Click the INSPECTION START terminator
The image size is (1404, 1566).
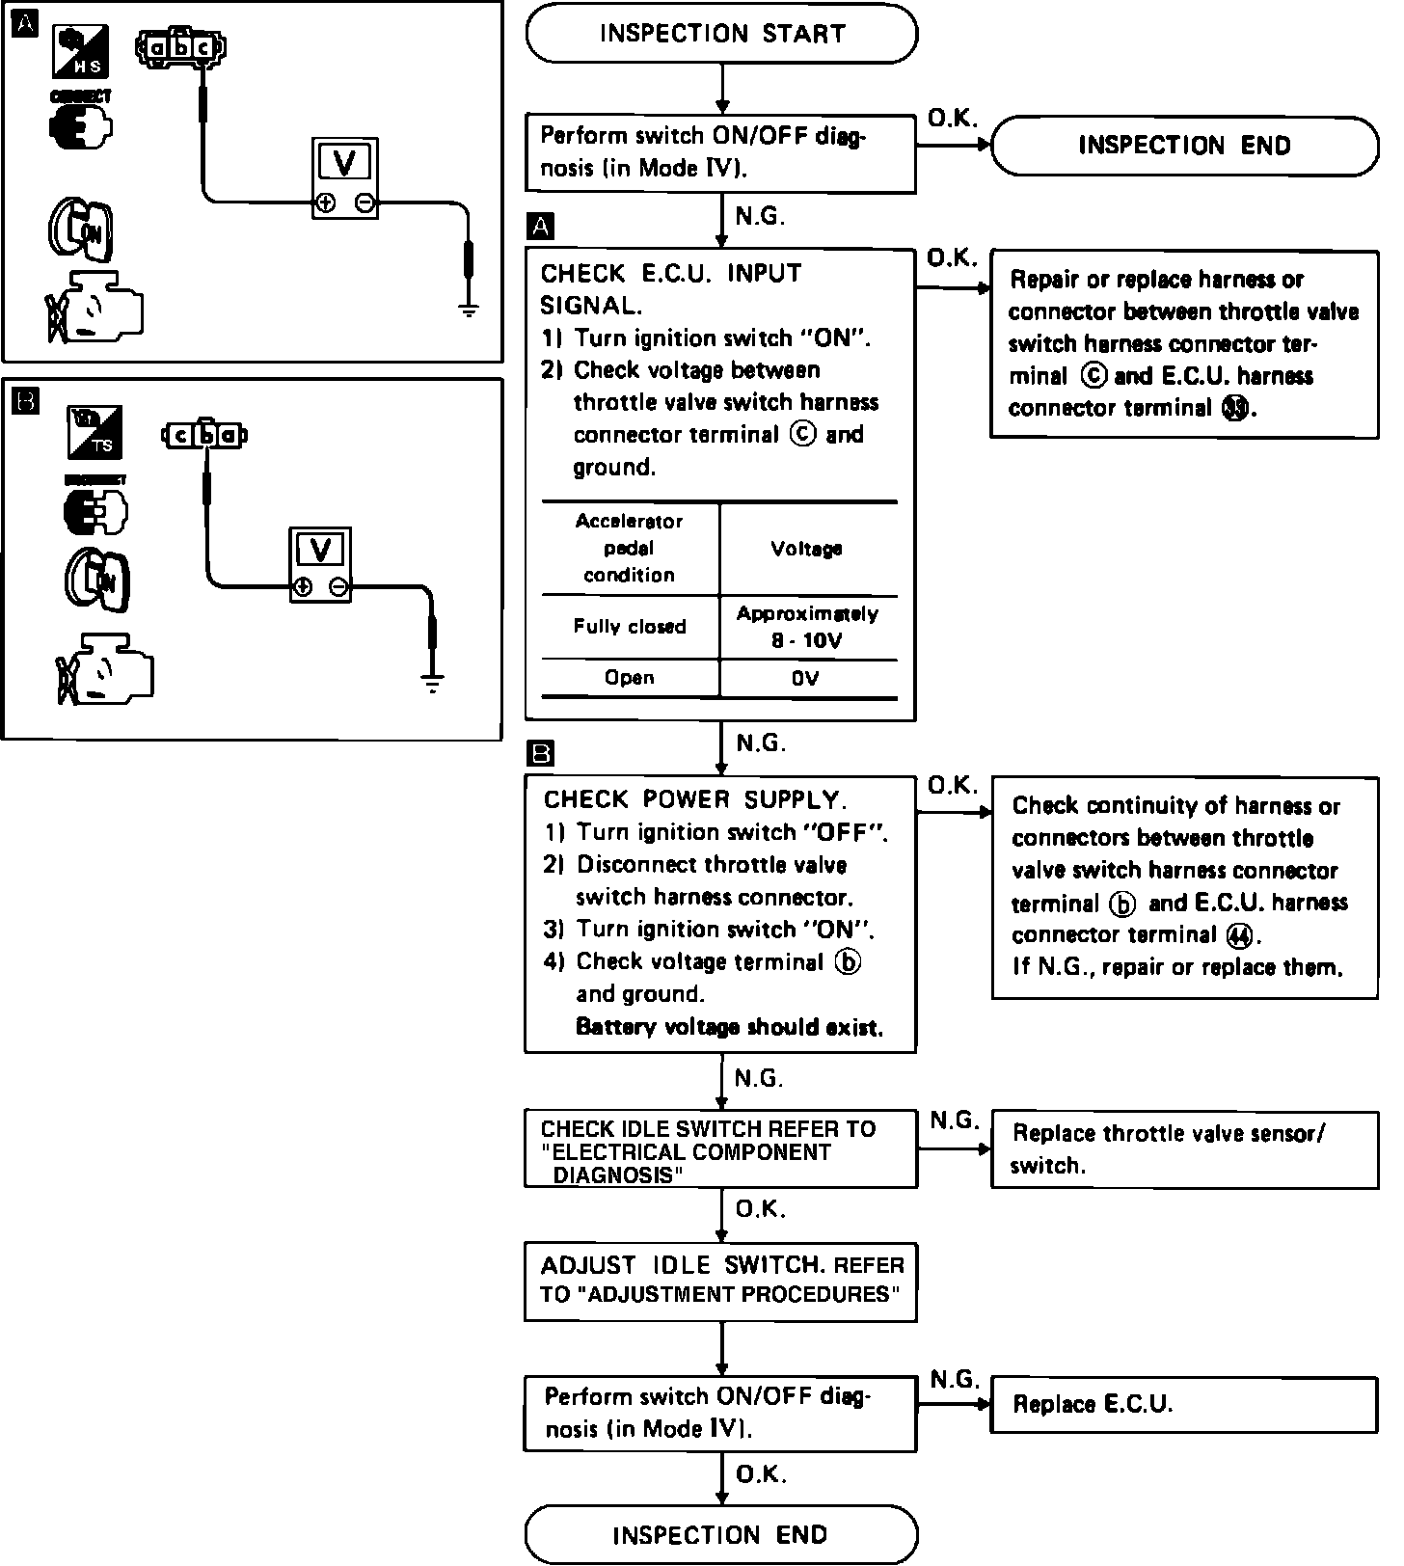721,35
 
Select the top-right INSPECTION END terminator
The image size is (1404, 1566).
1184,146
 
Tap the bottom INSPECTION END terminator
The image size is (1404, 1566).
721,1534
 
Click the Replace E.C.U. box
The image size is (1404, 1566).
1184,1404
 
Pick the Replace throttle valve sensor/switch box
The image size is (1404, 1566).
1184,1148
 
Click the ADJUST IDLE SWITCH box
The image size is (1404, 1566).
721,1280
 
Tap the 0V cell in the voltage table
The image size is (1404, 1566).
806,678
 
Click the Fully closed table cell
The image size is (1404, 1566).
630,627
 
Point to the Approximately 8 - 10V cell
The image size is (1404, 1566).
807,627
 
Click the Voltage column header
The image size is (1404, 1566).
806,549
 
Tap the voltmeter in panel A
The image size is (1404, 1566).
345,178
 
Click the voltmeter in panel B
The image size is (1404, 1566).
321,565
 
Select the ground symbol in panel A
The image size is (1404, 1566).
469,310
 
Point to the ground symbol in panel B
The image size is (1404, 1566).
433,686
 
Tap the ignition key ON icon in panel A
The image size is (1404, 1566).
81,229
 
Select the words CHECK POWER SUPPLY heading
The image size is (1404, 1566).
695,799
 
